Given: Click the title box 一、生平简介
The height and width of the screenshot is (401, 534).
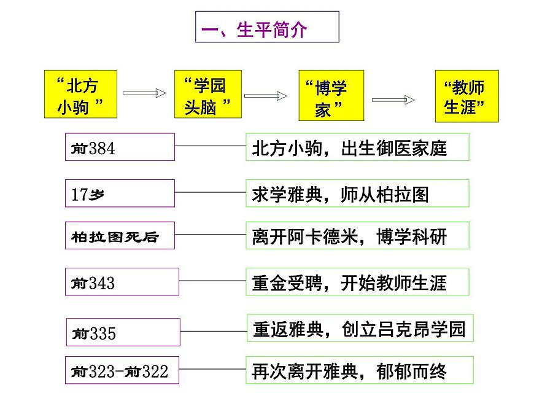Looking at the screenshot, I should [x=267, y=27].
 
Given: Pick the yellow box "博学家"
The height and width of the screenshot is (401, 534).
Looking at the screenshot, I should [x=331, y=96].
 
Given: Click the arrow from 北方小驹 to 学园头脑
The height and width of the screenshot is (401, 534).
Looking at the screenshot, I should [x=145, y=93].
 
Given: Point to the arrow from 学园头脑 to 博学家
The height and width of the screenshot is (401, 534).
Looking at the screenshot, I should [x=266, y=96].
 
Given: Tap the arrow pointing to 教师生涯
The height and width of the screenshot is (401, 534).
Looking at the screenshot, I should [x=393, y=100].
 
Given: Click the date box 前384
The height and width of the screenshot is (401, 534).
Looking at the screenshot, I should [x=120, y=147].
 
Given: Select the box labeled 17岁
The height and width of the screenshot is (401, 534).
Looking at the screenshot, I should [x=120, y=193].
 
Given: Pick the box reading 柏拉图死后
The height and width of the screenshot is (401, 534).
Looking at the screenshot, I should [x=120, y=235].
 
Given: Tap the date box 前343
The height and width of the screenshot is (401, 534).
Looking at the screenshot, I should [x=122, y=282].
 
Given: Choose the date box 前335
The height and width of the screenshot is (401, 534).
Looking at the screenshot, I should [x=123, y=332].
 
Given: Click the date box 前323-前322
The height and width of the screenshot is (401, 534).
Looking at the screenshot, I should [x=122, y=370].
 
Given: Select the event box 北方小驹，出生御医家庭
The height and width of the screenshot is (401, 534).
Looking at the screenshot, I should [x=357, y=147].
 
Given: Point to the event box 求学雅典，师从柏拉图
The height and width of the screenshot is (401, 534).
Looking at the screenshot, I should [x=357, y=193].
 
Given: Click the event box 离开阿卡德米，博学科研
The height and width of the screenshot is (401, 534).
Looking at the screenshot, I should [x=357, y=235].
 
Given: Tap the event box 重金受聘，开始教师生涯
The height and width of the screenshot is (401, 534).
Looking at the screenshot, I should [x=357, y=282].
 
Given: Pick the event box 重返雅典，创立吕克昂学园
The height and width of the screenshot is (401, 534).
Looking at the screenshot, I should [x=360, y=329].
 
